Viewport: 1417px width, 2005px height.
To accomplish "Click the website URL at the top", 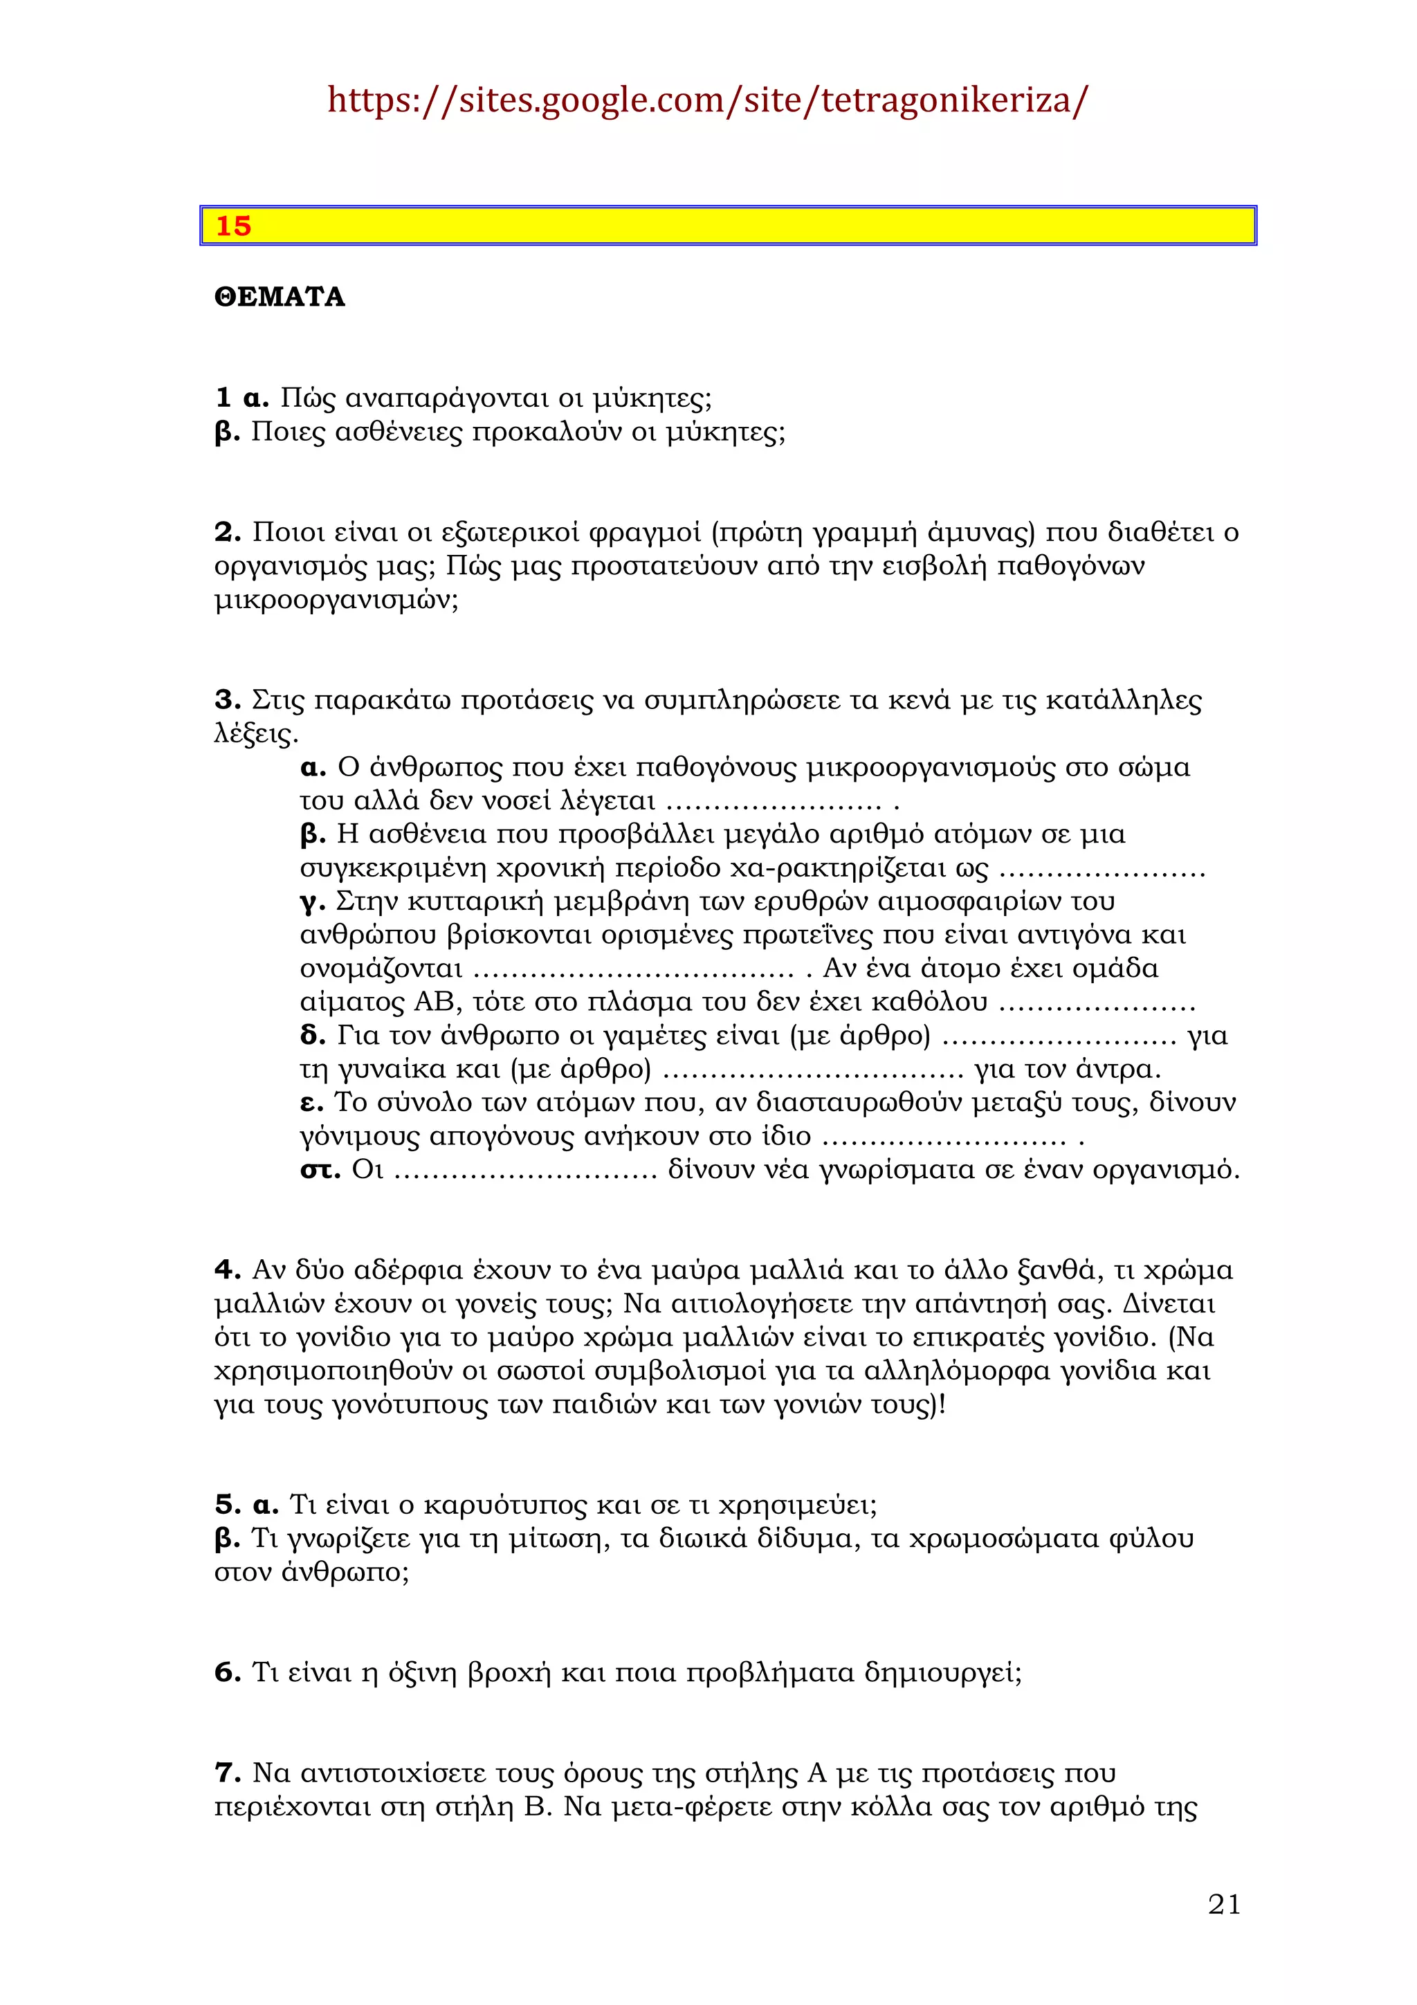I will pyautogui.click(x=707, y=100).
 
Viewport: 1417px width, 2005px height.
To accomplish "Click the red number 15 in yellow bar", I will pyautogui.click(x=233, y=226).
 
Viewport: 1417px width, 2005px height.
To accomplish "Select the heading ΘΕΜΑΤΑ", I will pyautogui.click(x=280, y=297).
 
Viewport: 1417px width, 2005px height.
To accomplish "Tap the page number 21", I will pyautogui.click(x=1224, y=1905).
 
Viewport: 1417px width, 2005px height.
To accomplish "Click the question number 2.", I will pyautogui.click(x=227, y=532).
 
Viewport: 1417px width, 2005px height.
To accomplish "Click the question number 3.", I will pyautogui.click(x=227, y=699).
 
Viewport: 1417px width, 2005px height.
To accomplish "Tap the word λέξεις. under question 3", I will pyautogui.click(x=256, y=733).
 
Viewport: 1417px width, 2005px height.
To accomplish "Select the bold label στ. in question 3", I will pyautogui.click(x=320, y=1169).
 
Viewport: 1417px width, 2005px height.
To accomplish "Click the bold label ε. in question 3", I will pyautogui.click(x=311, y=1103).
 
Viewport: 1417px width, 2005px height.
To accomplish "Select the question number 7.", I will pyautogui.click(x=227, y=1773).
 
